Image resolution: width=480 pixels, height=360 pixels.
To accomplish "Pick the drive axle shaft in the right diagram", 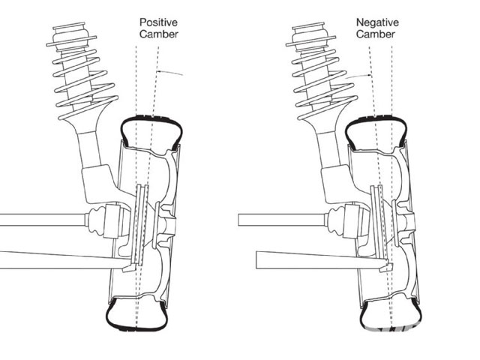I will click(x=277, y=221).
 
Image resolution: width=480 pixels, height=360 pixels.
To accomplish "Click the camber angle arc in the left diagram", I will click(x=174, y=72).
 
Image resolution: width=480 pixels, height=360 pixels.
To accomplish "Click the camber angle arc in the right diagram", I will click(x=358, y=75).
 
